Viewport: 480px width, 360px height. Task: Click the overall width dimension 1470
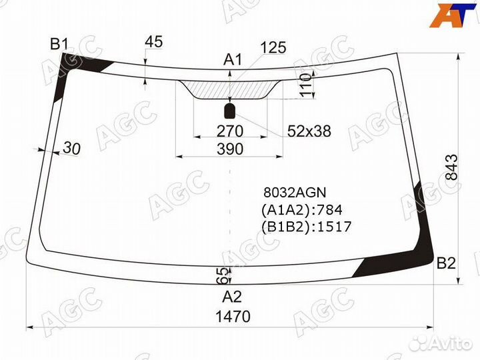pyautogui.click(x=233, y=316)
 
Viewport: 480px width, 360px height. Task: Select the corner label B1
pyautogui.click(x=59, y=44)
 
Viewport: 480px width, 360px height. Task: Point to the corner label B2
pyautogui.click(x=446, y=263)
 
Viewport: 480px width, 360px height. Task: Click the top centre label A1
pyautogui.click(x=233, y=59)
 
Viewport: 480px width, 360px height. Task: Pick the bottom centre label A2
pyautogui.click(x=232, y=297)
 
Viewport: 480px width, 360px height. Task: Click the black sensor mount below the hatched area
pyautogui.click(x=229, y=111)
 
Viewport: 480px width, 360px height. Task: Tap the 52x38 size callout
pyautogui.click(x=309, y=131)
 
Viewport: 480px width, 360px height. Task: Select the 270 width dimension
pyautogui.click(x=230, y=131)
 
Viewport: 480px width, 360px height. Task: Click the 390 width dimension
pyautogui.click(x=230, y=149)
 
